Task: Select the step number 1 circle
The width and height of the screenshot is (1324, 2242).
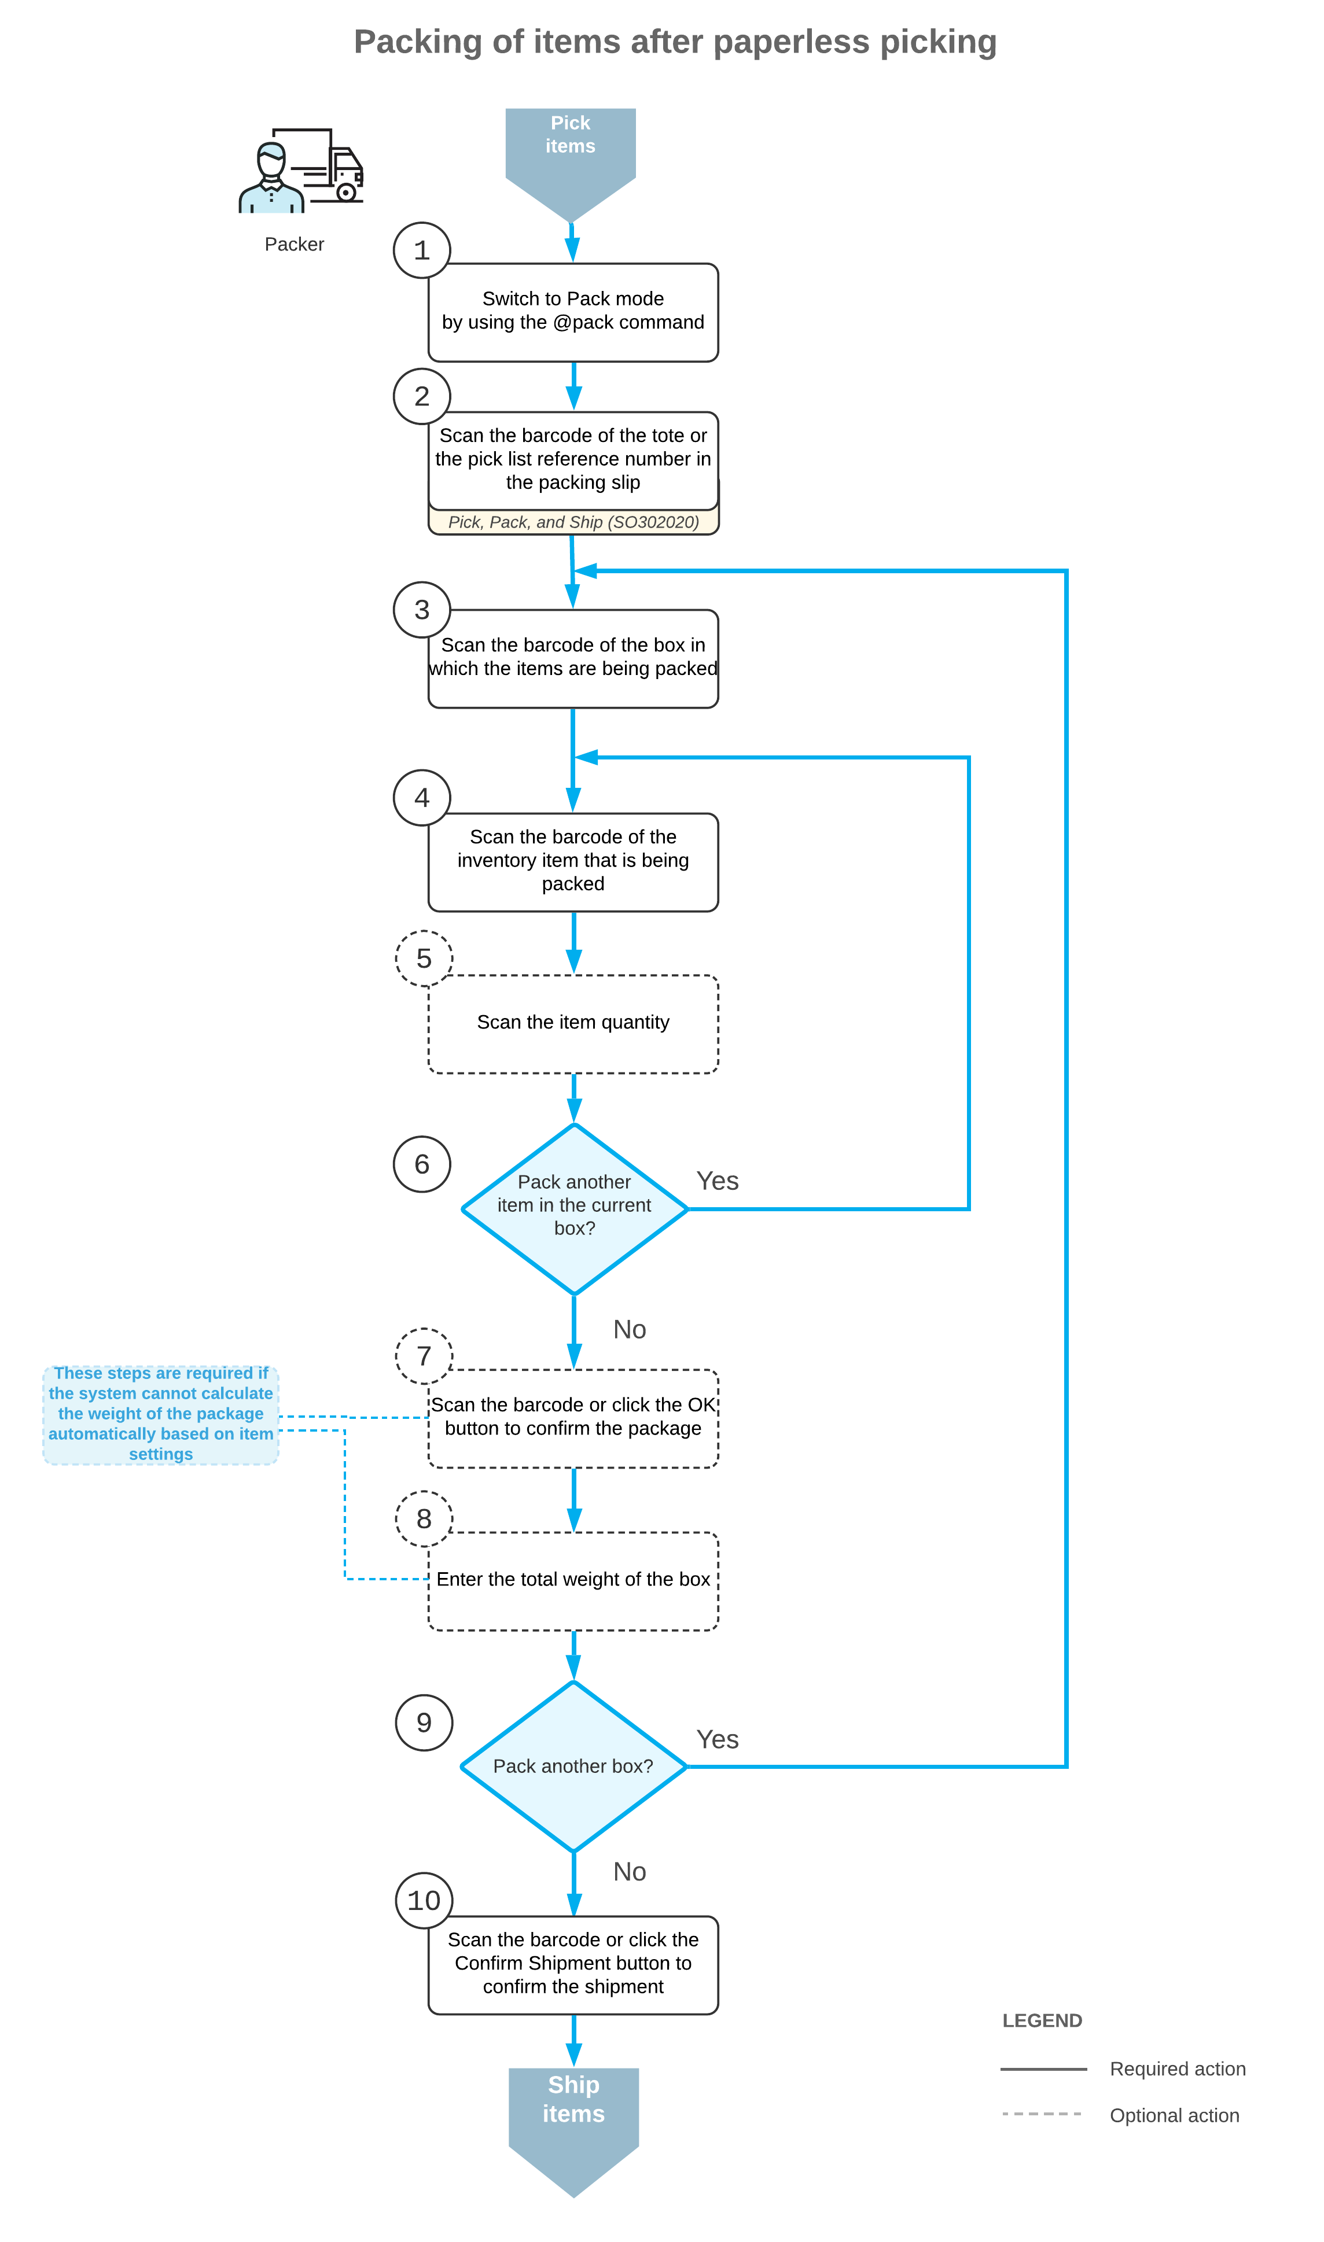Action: (421, 250)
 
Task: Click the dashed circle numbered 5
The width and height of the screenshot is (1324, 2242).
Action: (424, 958)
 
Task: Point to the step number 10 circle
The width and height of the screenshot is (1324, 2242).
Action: (424, 1901)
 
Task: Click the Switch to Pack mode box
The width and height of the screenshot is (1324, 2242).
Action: (573, 312)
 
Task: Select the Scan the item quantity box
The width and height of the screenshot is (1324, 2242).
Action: (573, 1024)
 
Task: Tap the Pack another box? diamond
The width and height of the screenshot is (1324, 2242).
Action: (573, 1767)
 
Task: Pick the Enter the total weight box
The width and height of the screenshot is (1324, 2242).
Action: (573, 1580)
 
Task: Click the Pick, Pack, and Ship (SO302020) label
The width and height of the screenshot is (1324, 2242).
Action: (573, 522)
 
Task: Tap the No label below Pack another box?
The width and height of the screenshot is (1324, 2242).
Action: (629, 1872)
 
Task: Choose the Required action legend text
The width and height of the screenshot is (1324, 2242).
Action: (1177, 2069)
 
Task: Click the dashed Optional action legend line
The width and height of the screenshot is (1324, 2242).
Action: (1041, 2115)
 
